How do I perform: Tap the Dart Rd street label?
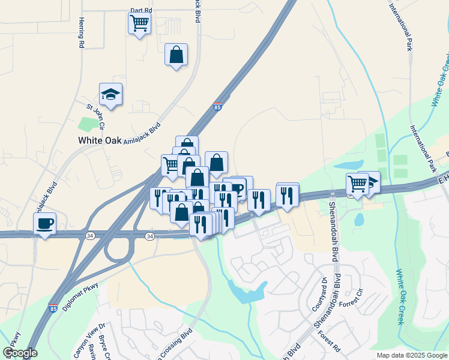pos(141,11)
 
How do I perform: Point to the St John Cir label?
pos(95,116)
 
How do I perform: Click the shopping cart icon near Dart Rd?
pos(139,24)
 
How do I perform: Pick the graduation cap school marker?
pos(110,94)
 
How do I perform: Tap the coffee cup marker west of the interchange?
pos(45,224)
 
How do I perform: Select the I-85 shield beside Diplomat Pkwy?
pos(53,307)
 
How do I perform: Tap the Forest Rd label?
pos(329,343)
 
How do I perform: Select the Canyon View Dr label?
pos(90,340)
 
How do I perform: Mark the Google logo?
pos(20,353)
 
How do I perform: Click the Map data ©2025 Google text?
pos(412,355)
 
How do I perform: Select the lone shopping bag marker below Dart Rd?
pos(176,55)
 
